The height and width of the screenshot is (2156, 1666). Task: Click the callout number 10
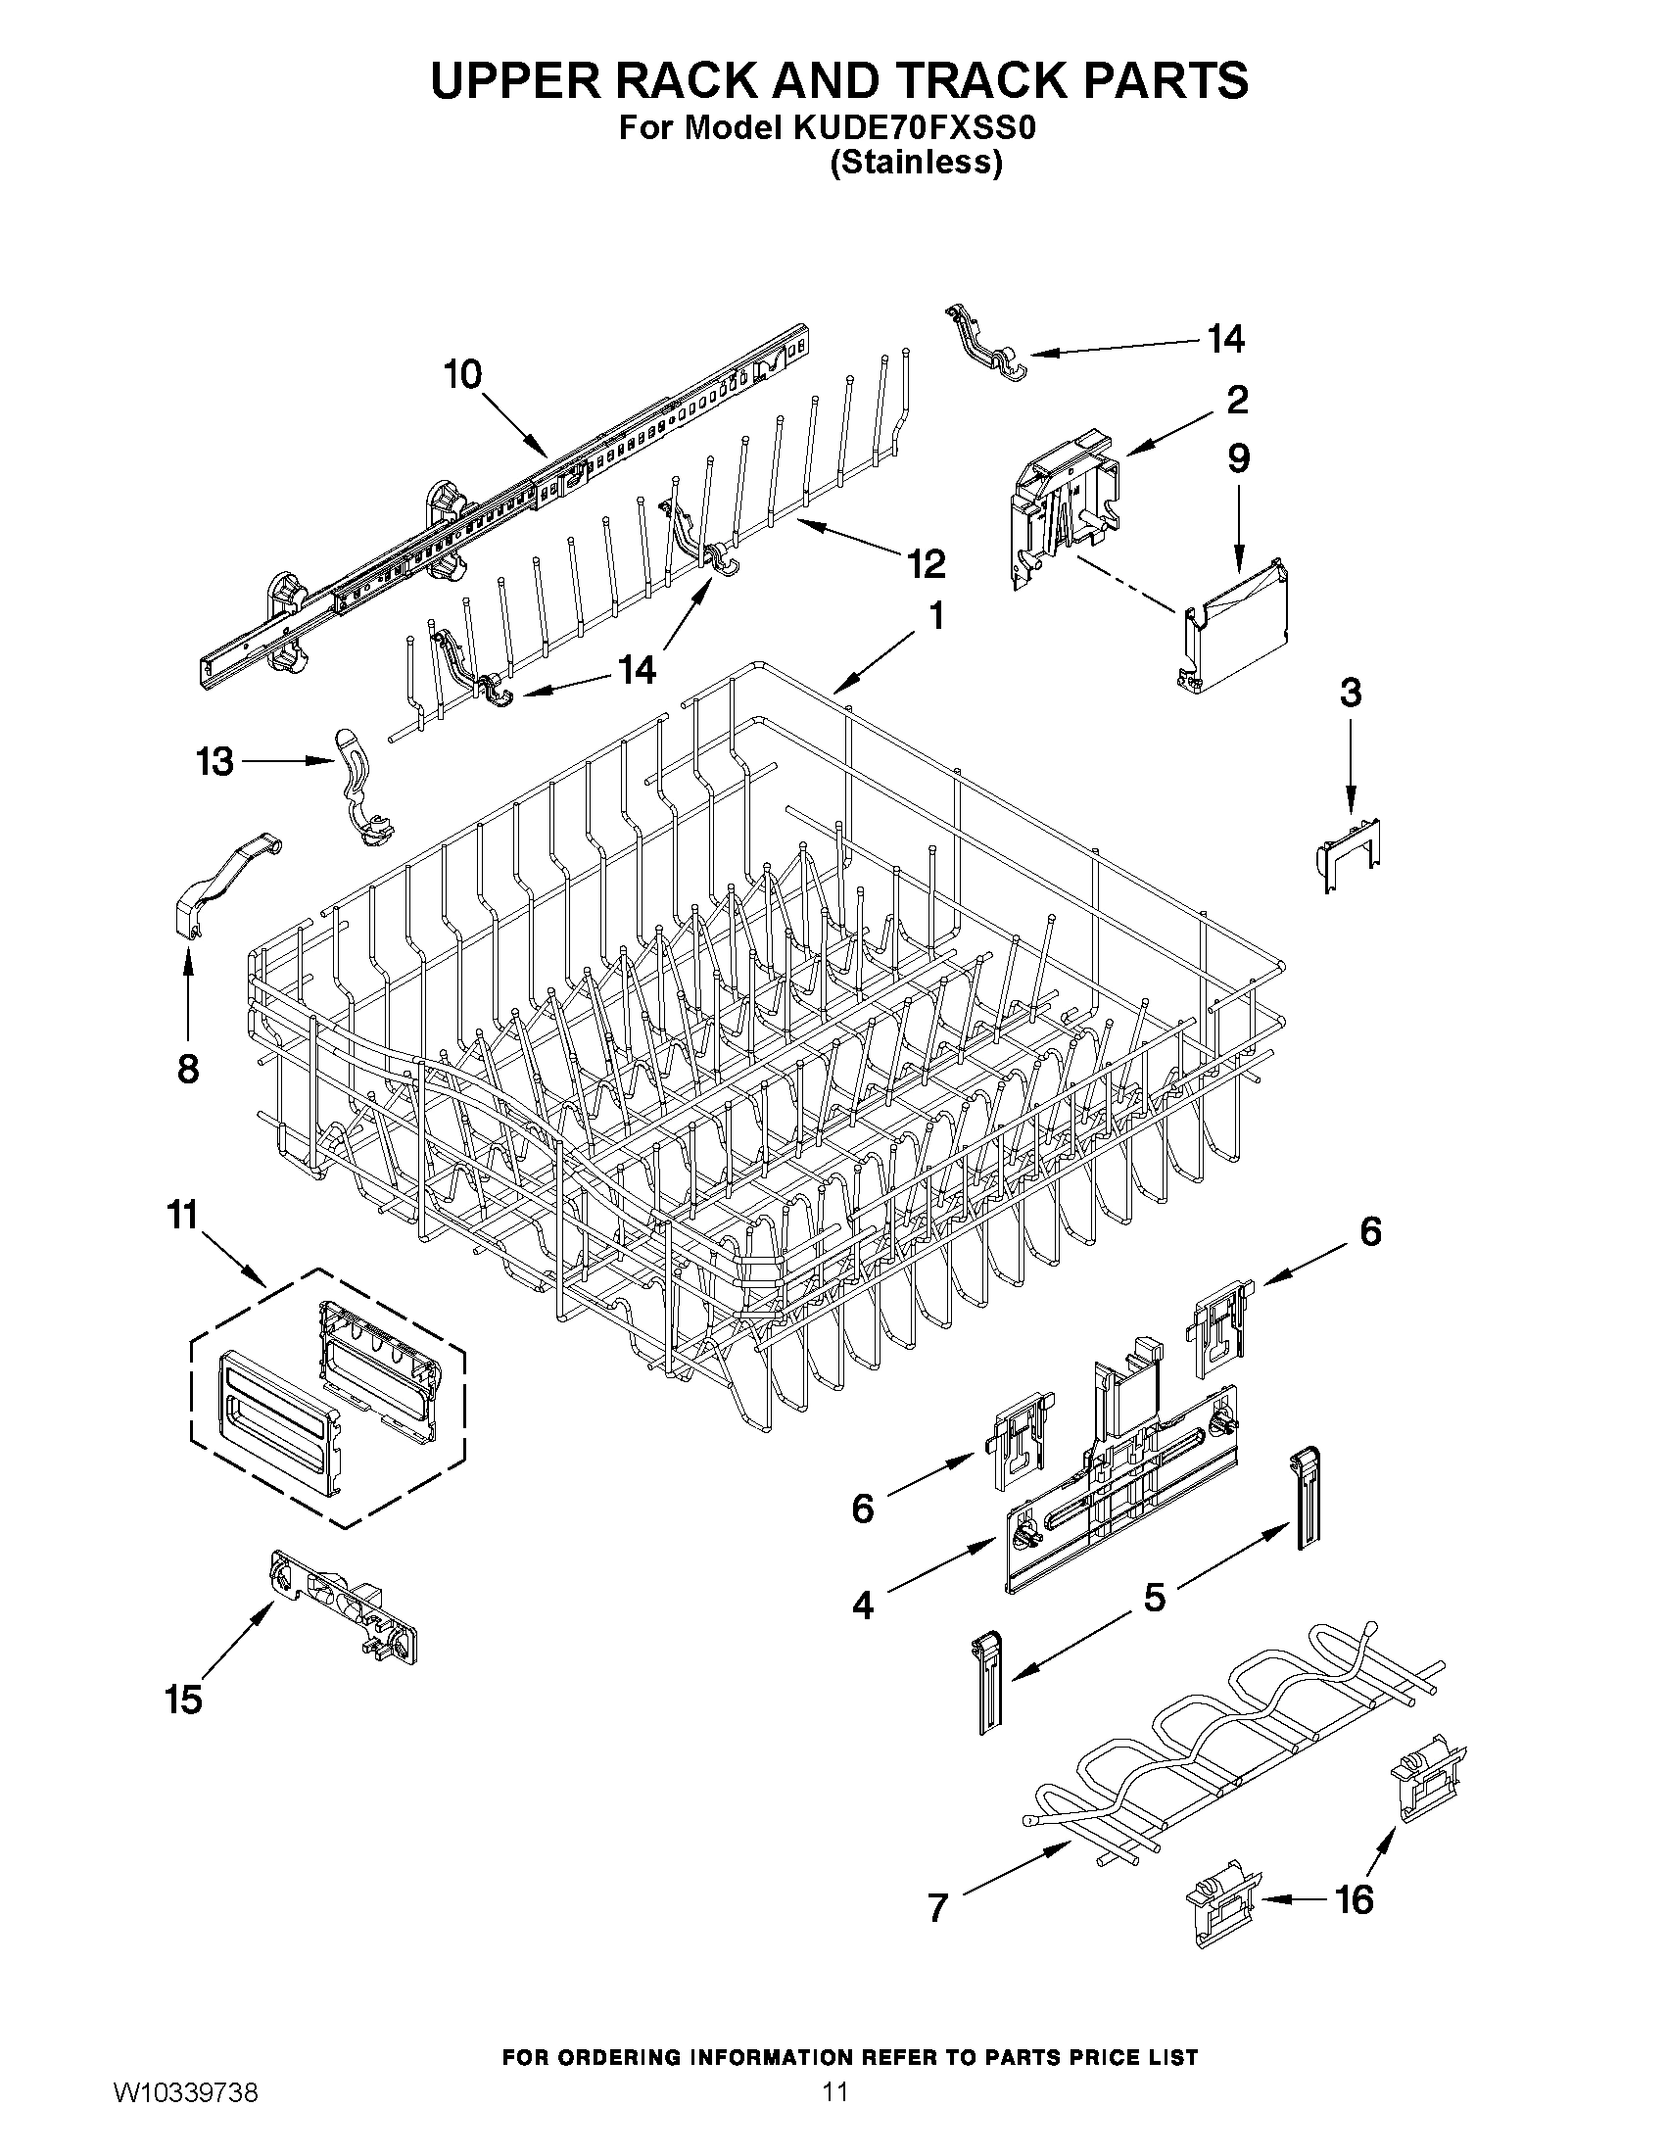462,375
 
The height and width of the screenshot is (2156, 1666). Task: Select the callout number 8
187,1068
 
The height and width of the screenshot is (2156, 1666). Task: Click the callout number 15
184,1700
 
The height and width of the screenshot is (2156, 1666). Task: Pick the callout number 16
1354,1898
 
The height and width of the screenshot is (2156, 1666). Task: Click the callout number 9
1238,458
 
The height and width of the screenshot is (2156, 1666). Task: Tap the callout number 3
1351,692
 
